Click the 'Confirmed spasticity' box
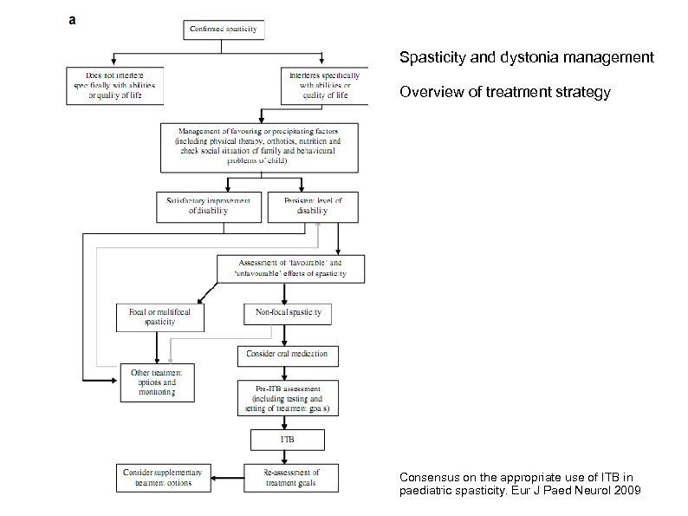click(224, 29)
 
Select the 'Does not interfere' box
click(115, 86)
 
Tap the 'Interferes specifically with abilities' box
click(320, 86)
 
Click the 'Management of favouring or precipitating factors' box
click(259, 147)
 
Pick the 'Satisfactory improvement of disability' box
click(210, 206)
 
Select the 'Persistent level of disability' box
click(313, 206)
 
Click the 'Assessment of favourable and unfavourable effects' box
click(290, 268)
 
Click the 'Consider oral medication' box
click(289, 355)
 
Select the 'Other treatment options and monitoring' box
click(157, 382)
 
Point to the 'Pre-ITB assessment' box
click(289, 397)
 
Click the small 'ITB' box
click(288, 440)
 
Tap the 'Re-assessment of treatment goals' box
click(289, 477)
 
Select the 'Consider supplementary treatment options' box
click(162, 477)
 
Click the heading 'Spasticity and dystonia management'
click(526, 58)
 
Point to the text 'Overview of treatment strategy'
click(504, 92)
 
